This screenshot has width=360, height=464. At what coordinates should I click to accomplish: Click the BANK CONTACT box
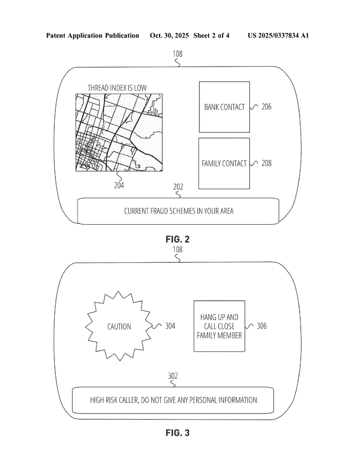(224, 107)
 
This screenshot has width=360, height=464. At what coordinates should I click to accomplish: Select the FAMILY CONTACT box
(224, 163)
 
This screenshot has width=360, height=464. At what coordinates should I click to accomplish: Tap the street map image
(120, 132)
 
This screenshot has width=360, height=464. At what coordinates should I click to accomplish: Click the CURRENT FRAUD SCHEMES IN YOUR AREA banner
(179, 211)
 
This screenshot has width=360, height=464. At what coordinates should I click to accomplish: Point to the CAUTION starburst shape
(119, 326)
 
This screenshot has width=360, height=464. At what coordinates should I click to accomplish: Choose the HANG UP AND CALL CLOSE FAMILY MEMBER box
(219, 326)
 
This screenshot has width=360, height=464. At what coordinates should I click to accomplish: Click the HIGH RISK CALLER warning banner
(173, 400)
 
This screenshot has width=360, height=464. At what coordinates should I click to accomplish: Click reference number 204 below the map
(119, 185)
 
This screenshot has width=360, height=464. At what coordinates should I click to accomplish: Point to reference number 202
(178, 186)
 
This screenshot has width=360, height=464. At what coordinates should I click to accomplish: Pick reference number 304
(170, 326)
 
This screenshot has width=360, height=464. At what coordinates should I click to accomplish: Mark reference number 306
(262, 326)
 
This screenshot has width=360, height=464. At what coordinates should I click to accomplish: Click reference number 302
(173, 376)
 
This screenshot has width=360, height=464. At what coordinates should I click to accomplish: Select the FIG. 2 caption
(177, 240)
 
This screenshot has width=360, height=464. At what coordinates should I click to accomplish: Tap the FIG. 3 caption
(177, 433)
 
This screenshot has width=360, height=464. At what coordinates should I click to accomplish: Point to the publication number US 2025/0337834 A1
(278, 35)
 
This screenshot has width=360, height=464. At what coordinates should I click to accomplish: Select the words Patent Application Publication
(92, 35)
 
